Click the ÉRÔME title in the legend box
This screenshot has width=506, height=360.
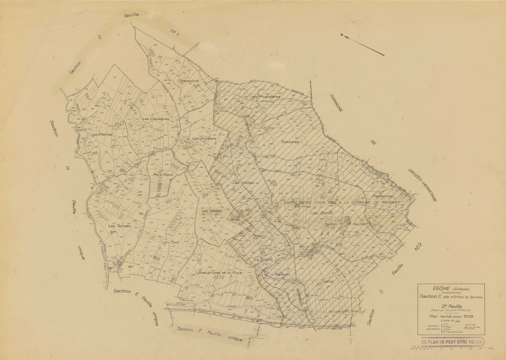point(431,288)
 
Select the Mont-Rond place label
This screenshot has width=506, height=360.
point(164,175)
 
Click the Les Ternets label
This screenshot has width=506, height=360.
point(119,226)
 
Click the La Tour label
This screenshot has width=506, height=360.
point(166,243)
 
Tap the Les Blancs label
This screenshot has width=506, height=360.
point(321,214)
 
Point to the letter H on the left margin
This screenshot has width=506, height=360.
point(66,160)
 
